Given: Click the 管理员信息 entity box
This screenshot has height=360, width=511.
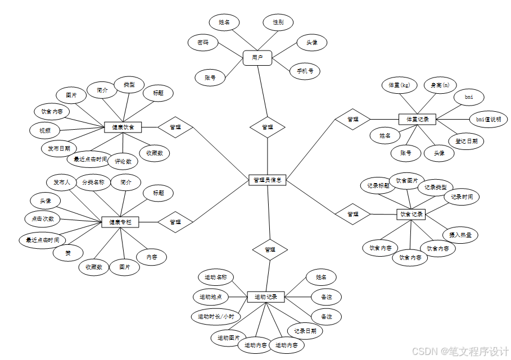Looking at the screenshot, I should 268,180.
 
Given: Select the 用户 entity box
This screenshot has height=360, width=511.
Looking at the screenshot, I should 257,58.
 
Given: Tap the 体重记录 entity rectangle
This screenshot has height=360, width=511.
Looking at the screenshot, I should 417,119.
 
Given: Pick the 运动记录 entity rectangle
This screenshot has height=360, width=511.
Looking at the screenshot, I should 266,297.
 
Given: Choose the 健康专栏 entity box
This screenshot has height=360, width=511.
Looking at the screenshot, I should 120,222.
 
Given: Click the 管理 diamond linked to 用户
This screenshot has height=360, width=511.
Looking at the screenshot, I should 268,127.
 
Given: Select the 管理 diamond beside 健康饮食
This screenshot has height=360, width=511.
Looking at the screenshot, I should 175,127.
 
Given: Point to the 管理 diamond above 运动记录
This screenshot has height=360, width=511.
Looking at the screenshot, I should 270,249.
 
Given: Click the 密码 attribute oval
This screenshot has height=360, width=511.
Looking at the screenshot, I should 202,43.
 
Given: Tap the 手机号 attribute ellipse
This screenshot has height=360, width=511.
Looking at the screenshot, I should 305,71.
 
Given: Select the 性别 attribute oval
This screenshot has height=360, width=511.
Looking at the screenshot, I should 278,22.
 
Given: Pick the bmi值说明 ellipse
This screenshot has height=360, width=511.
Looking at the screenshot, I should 488,119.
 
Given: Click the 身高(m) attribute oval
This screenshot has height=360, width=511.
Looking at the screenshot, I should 440,85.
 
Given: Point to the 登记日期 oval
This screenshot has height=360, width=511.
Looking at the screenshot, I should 467,141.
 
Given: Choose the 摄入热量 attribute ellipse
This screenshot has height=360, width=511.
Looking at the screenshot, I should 460,235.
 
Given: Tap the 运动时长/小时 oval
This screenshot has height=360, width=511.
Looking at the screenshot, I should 211,317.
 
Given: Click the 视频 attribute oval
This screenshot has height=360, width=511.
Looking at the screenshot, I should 44,130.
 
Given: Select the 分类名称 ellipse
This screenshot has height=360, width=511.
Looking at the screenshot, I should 93,183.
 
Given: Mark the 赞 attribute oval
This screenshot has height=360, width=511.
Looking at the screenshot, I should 68,253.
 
